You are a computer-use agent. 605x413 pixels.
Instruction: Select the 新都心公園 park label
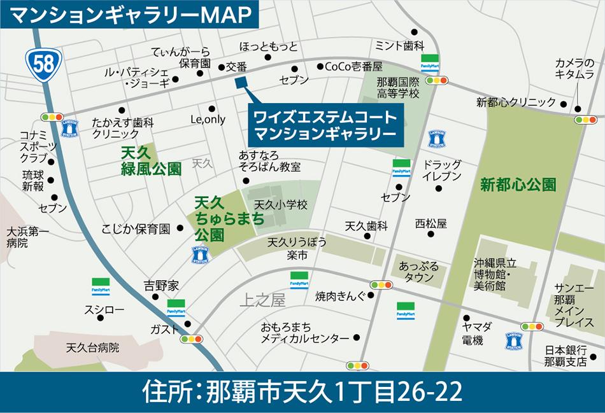(518, 185)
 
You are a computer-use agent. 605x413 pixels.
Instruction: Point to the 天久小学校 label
(281, 205)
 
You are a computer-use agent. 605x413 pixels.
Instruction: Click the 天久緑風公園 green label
(151, 161)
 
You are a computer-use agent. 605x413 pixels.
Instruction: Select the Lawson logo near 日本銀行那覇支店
(514, 340)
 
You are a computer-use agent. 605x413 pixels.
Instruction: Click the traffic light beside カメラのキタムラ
(585, 119)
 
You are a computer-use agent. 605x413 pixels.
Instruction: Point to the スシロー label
(104, 310)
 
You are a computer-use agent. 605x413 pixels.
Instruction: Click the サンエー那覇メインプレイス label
(566, 304)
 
